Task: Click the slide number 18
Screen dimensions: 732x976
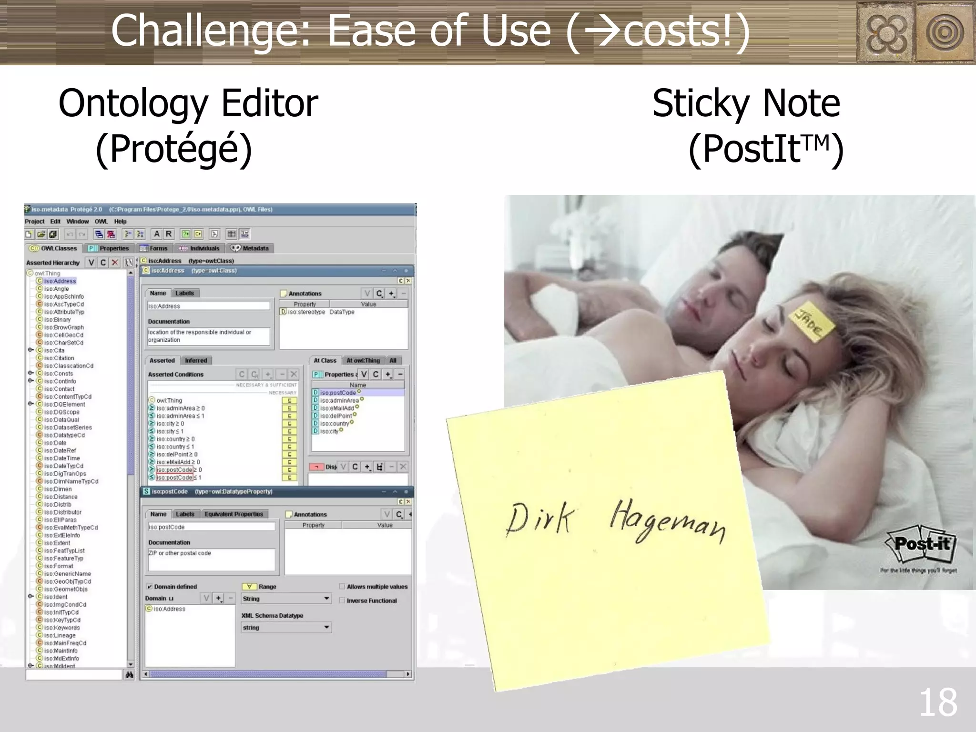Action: [x=937, y=703]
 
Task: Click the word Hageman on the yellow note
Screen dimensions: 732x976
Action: [x=667, y=521]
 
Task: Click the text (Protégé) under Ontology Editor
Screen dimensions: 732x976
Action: [x=173, y=149]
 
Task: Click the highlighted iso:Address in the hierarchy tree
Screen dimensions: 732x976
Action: [x=60, y=281]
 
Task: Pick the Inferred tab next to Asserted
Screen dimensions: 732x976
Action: [x=196, y=361]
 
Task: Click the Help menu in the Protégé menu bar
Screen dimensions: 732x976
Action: [x=120, y=222]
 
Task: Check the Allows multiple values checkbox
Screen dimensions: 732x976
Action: [x=342, y=587]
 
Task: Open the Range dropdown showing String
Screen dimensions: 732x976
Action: [x=286, y=599]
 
